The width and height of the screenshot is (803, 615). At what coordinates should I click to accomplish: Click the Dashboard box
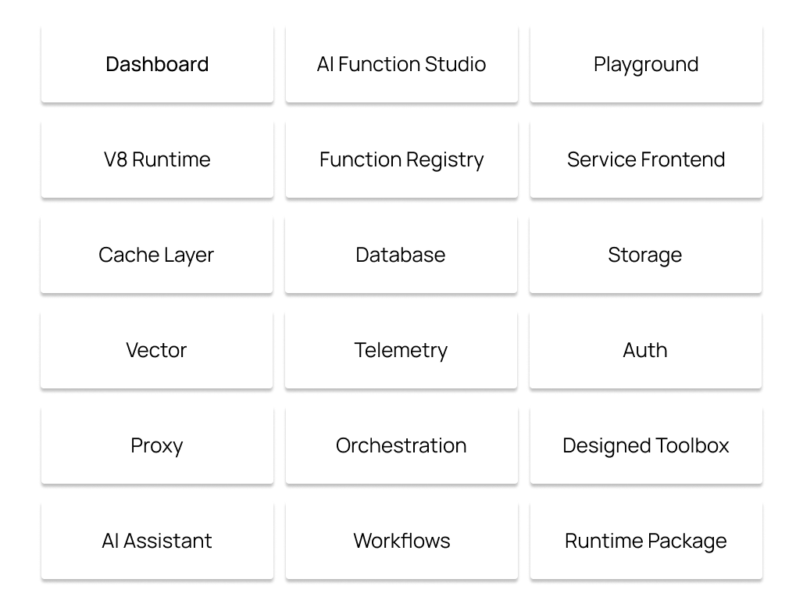pos(157,64)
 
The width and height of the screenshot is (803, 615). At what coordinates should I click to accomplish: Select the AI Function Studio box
pos(401,64)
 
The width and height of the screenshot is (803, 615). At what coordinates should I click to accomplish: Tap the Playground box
pos(646,64)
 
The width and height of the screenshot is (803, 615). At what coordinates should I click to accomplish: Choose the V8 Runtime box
pos(157,159)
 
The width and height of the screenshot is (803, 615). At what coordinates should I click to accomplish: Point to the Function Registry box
pos(401,159)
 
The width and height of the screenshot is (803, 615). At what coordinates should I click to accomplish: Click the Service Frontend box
pos(646,159)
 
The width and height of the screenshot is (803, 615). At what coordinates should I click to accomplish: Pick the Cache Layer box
pos(157,255)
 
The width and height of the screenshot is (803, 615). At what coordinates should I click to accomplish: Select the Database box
pos(401,255)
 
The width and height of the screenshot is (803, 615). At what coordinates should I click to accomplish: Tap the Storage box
pos(646,255)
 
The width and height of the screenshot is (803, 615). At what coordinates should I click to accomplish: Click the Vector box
pos(157,350)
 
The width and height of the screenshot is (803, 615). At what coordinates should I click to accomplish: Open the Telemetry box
pos(401,350)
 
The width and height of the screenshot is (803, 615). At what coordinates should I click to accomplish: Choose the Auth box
pos(646,350)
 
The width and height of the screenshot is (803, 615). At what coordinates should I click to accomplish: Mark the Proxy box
pos(157,445)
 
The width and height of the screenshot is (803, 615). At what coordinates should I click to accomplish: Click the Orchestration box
pos(401,445)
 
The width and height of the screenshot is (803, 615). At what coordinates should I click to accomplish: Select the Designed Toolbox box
pos(646,445)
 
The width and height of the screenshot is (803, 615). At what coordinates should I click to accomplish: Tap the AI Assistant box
pos(157,541)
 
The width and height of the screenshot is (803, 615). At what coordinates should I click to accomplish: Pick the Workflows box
pos(401,541)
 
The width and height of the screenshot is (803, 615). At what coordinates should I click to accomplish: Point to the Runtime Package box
pos(646,541)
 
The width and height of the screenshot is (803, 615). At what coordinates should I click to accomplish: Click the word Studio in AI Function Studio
pos(455,64)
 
